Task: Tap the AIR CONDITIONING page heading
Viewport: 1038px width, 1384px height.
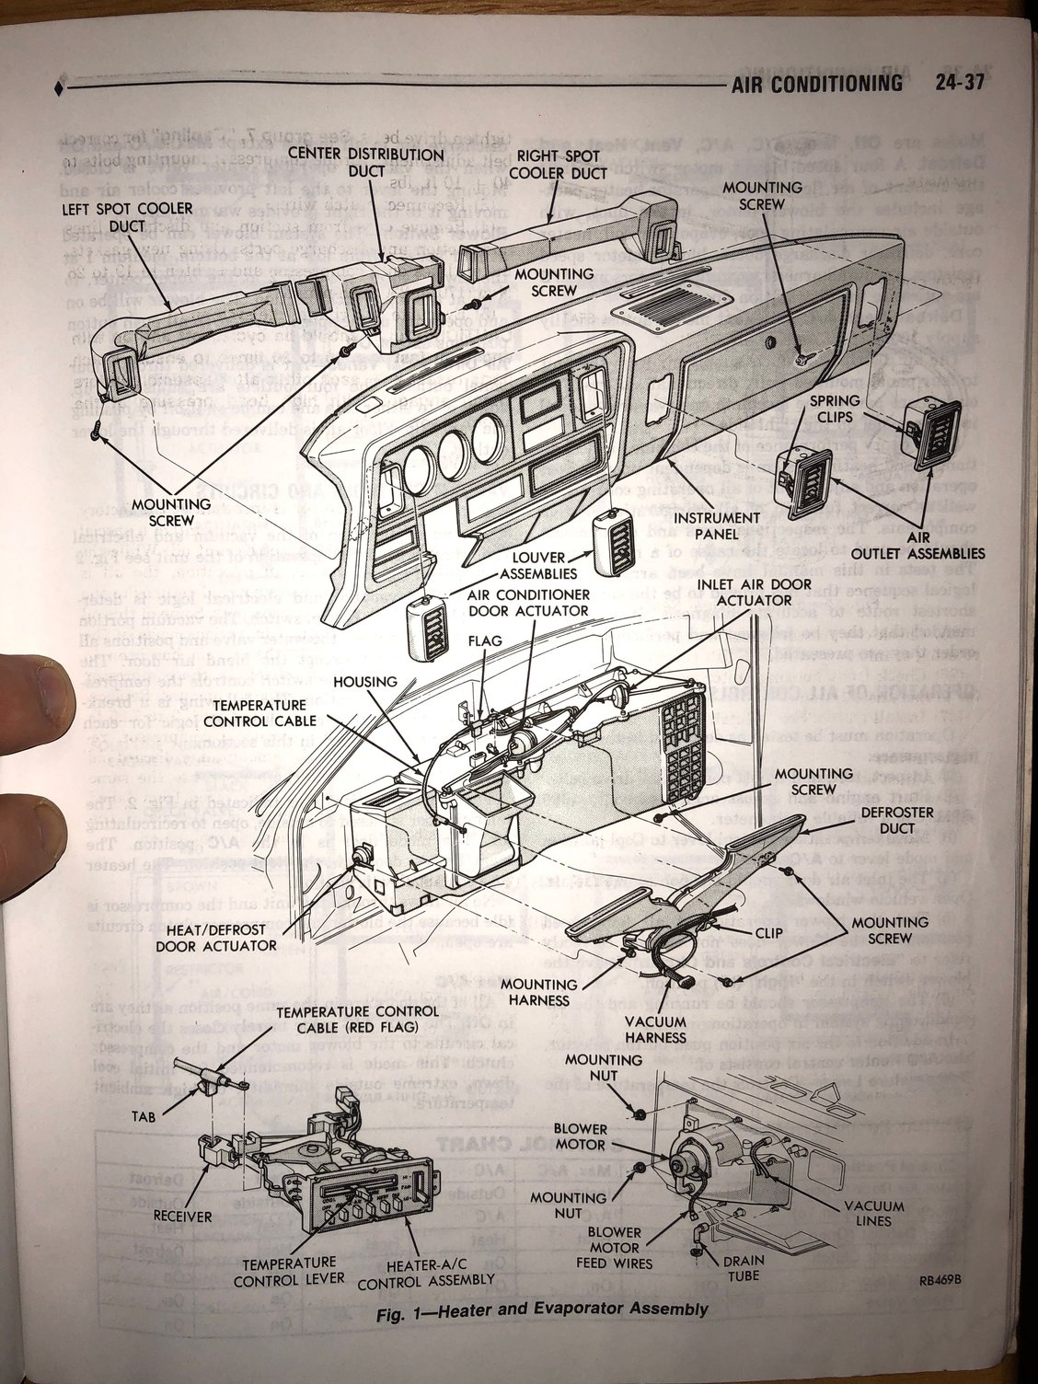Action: pos(813,85)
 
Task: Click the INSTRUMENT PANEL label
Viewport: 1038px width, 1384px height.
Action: pos(716,527)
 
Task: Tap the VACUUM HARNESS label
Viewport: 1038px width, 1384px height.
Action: pos(654,1029)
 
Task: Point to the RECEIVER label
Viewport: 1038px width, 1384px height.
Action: pos(182,1216)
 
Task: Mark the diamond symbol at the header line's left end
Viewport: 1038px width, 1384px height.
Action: pos(60,88)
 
